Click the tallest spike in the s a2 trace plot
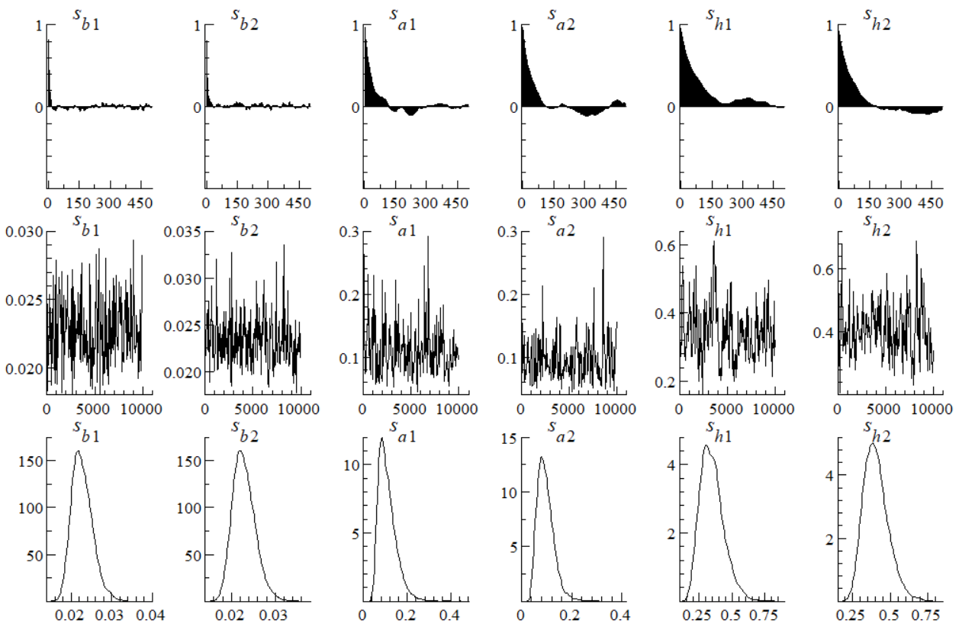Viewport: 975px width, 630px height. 603,237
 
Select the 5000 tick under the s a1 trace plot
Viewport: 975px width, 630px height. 410,408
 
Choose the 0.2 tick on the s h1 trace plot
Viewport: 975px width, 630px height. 664,383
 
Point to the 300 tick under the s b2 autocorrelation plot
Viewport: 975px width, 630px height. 267,204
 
